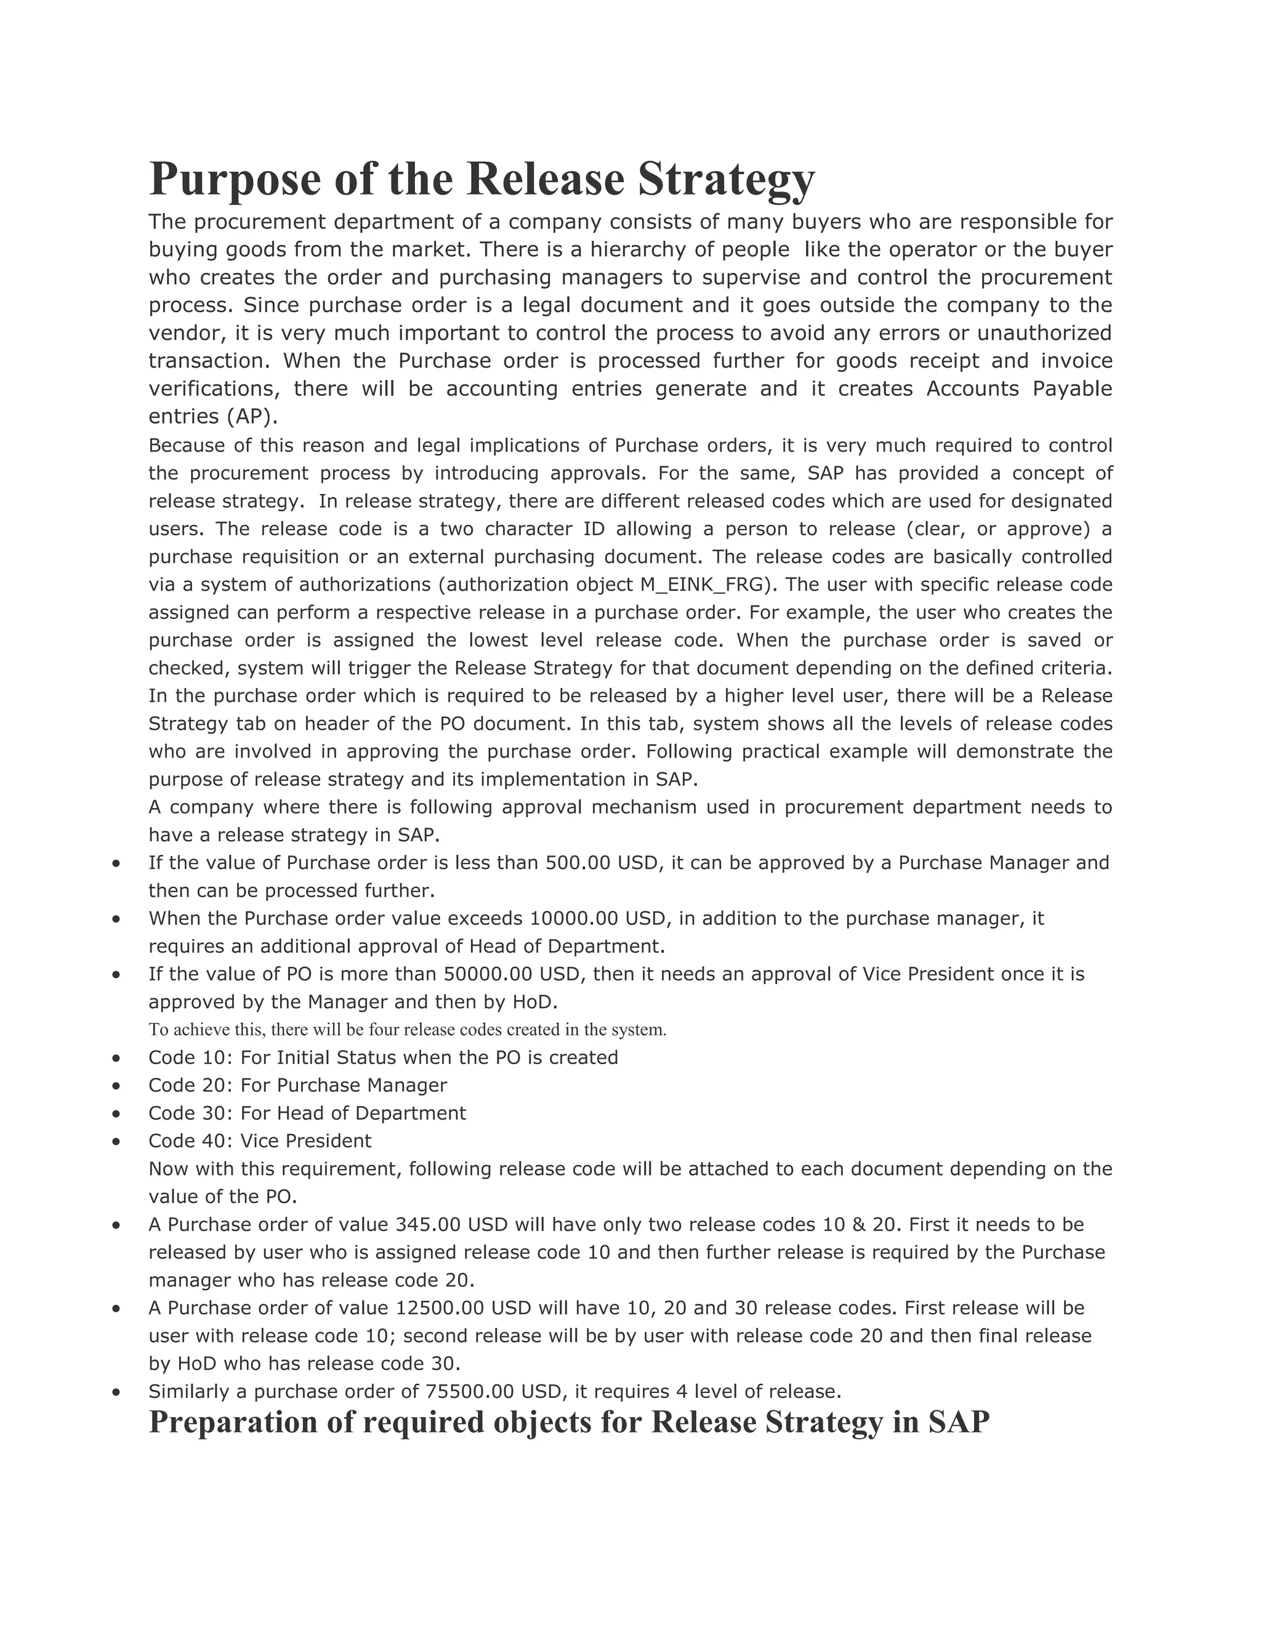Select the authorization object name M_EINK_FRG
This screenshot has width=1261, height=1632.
(705, 584)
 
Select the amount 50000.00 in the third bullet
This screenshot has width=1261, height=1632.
(488, 974)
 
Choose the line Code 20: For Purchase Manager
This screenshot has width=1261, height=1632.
(297, 1085)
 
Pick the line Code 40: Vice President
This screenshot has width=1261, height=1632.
(259, 1141)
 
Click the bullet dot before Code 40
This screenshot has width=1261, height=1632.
(116, 1141)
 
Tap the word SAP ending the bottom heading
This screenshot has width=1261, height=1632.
(959, 1421)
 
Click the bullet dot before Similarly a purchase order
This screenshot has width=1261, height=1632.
(116, 1391)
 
